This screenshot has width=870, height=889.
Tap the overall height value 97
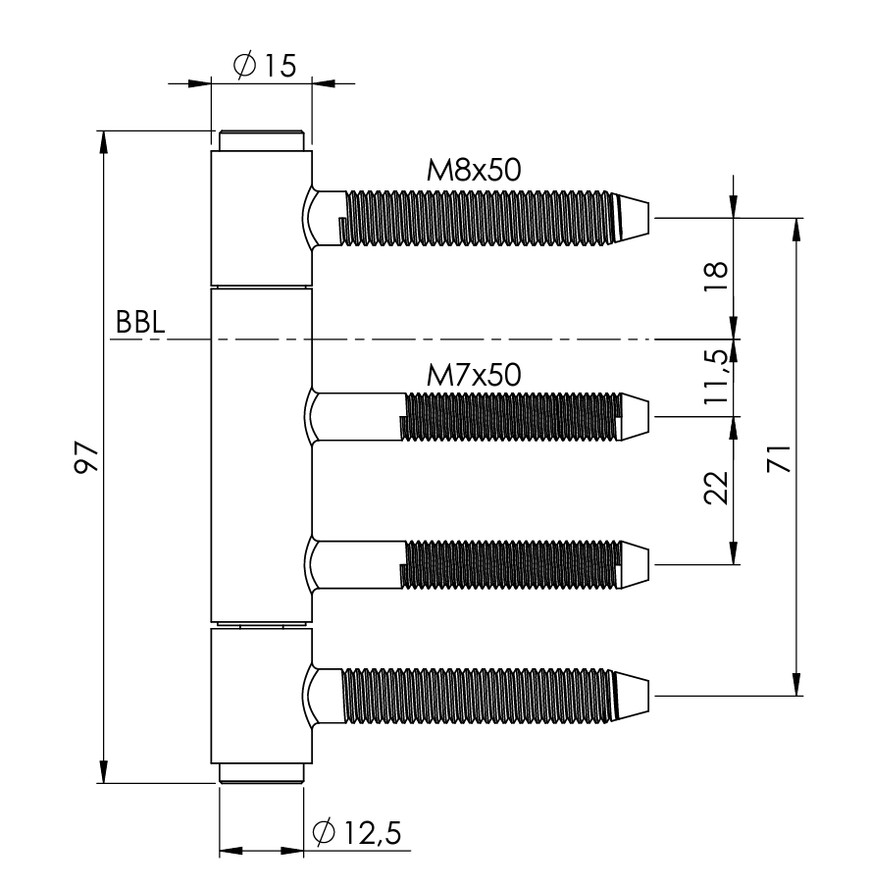tap(87, 457)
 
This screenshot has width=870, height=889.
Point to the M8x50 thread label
tap(472, 170)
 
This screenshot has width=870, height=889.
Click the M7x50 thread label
tap(474, 374)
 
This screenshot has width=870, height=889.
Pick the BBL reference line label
tap(138, 323)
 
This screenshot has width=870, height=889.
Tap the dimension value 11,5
tap(717, 378)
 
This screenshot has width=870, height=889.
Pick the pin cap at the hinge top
tap(261, 140)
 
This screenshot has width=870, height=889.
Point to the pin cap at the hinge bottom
tap(261, 773)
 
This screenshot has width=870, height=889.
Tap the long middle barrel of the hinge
tap(261, 456)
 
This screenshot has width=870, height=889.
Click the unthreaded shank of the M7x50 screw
tap(357, 415)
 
